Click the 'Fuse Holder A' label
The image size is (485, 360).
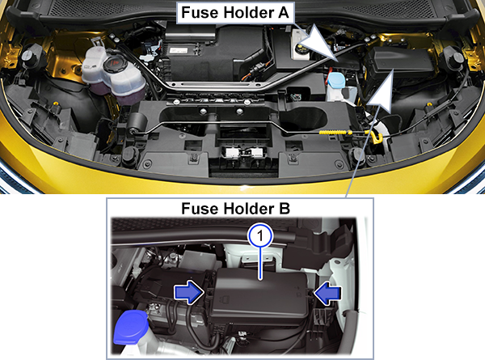coord(235,13)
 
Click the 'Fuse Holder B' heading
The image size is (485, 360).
coord(236,209)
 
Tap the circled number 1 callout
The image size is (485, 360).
coord(260,236)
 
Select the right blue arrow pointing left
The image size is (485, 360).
coord(327,293)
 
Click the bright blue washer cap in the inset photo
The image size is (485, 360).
coord(131,328)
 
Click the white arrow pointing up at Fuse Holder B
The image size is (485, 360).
coord(381,91)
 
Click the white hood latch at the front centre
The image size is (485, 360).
coord(245,151)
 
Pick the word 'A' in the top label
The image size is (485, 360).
coord(281,13)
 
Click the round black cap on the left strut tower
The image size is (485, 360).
coord(29,57)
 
